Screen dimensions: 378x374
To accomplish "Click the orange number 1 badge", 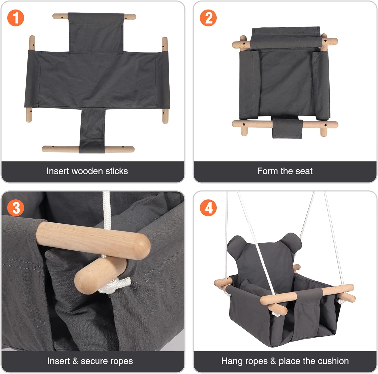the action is click(x=16, y=18).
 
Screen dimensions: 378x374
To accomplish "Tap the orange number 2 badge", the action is click(x=208, y=18).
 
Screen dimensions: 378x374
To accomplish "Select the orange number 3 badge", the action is click(x=16, y=208).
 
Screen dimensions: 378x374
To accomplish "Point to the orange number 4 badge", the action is click(x=208, y=208).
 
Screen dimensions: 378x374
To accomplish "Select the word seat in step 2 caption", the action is click(x=304, y=171).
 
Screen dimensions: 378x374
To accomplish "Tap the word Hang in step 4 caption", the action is click(x=232, y=361).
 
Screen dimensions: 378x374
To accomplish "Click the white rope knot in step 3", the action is click(x=115, y=286).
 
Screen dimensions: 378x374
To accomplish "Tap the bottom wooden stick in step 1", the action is click(x=88, y=149).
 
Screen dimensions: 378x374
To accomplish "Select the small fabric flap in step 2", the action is click(x=287, y=128).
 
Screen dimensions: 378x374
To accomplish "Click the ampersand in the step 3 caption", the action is click(x=75, y=361).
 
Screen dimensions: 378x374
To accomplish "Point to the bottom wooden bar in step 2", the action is click(x=285, y=124).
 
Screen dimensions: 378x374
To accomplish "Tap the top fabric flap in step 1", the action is click(x=96, y=33).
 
